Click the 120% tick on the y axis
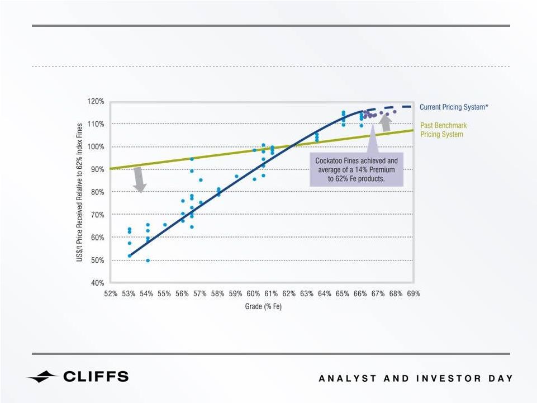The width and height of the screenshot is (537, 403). pyautogui.click(x=96, y=101)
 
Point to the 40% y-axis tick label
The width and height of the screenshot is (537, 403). pyautogui.click(x=97, y=283)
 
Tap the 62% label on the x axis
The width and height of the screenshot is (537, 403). pyautogui.click(x=289, y=293)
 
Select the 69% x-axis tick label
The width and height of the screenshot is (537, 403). pyautogui.click(x=414, y=293)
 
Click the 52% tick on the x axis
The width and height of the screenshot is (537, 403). pyautogui.click(x=111, y=293)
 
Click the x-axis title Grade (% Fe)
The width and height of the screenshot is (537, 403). pyautogui.click(x=263, y=306)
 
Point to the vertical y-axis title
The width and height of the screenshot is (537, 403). pyautogui.click(x=79, y=193)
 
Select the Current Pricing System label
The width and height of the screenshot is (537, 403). pyautogui.click(x=454, y=107)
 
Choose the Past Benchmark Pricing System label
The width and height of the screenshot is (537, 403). pyautogui.click(x=444, y=130)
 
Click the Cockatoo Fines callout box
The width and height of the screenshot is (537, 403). pyautogui.click(x=357, y=169)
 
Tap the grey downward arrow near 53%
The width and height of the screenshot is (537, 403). pyautogui.click(x=139, y=180)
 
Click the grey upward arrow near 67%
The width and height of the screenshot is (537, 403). pyautogui.click(x=386, y=124)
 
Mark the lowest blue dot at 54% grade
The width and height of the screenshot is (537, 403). pyautogui.click(x=148, y=260)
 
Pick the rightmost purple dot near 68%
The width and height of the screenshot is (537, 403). pyautogui.click(x=395, y=112)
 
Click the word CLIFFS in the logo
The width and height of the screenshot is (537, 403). pyautogui.click(x=96, y=377)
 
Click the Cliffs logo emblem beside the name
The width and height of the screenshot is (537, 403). pyautogui.click(x=42, y=377)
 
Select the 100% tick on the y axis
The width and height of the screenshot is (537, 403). pyautogui.click(x=96, y=146)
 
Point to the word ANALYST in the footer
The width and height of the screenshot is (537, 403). pyautogui.click(x=348, y=378)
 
